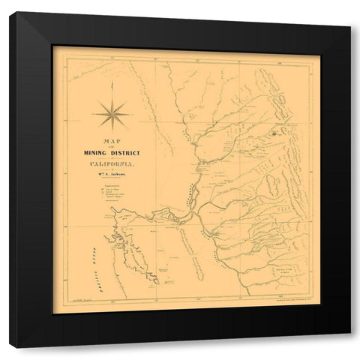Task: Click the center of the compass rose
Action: tap(112, 114)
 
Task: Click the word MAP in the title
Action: tap(113, 140)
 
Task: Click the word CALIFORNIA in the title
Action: tap(113, 164)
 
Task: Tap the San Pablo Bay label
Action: tap(124, 214)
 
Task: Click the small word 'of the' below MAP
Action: tap(113, 146)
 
